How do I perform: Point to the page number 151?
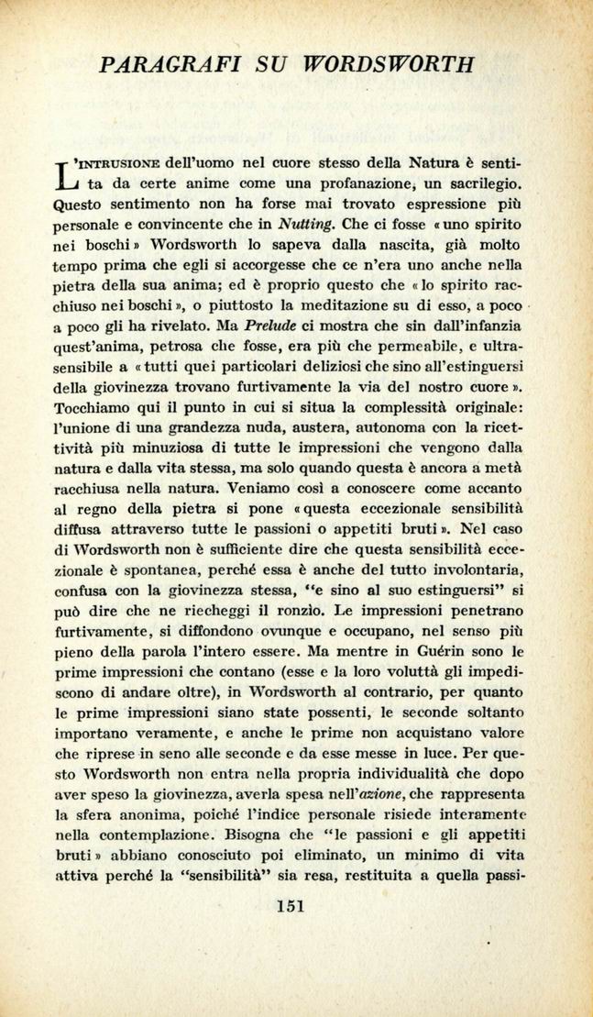[289, 907]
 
